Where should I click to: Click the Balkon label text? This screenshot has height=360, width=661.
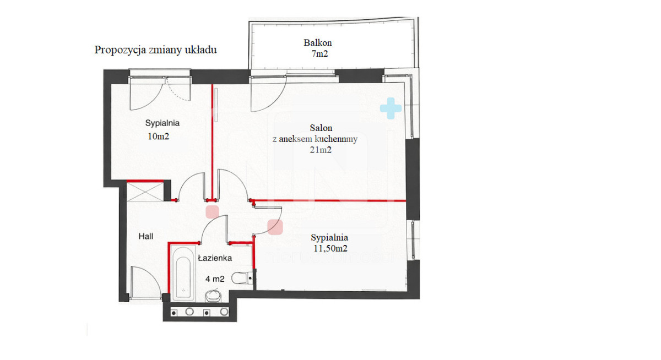pyautogui.click(x=317, y=43)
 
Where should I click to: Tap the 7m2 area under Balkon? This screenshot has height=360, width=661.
pyautogui.click(x=319, y=53)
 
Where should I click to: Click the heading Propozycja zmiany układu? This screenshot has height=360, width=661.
pyautogui.click(x=155, y=50)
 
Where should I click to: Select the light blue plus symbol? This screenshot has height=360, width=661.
pyautogui.click(x=391, y=108)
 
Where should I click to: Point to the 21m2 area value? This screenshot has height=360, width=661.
pyautogui.click(x=321, y=150)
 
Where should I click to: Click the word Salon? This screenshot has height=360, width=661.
pyautogui.click(x=321, y=128)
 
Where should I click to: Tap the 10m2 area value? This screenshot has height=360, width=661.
pyautogui.click(x=158, y=136)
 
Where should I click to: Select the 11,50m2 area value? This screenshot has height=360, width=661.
pyautogui.click(x=330, y=249)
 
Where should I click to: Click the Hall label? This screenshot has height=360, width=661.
pyautogui.click(x=146, y=236)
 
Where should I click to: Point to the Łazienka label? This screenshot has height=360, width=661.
pyautogui.click(x=215, y=258)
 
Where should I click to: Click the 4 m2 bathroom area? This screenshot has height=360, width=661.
pyautogui.click(x=215, y=279)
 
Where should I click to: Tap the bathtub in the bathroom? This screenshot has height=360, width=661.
pyautogui.click(x=183, y=274)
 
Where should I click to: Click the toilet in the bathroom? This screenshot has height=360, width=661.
pyautogui.click(x=242, y=278)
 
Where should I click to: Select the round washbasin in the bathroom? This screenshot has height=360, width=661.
pyautogui.click(x=213, y=296)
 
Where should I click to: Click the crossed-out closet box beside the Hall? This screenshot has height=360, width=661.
pyautogui.click(x=145, y=192)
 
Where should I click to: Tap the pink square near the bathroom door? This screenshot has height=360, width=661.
pyautogui.click(x=212, y=212)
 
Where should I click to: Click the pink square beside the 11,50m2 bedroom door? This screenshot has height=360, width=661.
pyautogui.click(x=275, y=227)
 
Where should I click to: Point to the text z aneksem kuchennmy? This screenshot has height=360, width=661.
pyautogui.click(x=315, y=139)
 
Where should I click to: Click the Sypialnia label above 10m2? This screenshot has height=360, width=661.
pyautogui.click(x=162, y=123)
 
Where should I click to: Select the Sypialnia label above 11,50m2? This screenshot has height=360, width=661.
pyautogui.click(x=329, y=238)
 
